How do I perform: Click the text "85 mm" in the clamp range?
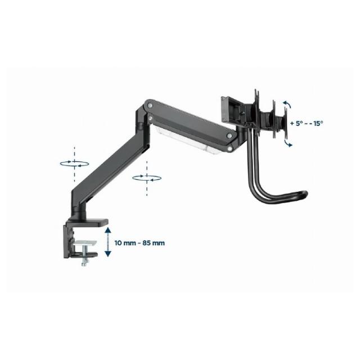click(154, 243)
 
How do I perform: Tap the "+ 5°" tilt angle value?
click(297, 123)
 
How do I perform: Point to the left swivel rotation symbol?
click(74, 163)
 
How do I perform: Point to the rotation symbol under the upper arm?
click(147, 178)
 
